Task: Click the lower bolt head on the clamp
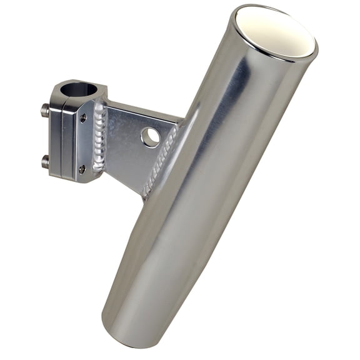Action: (x=45, y=162)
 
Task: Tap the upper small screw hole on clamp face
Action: (x=84, y=117)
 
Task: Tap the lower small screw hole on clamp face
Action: (x=82, y=168)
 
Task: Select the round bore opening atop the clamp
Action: (x=79, y=89)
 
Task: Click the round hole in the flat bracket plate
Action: (x=150, y=137)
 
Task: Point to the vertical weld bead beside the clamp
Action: (x=99, y=141)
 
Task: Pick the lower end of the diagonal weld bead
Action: (x=146, y=192)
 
